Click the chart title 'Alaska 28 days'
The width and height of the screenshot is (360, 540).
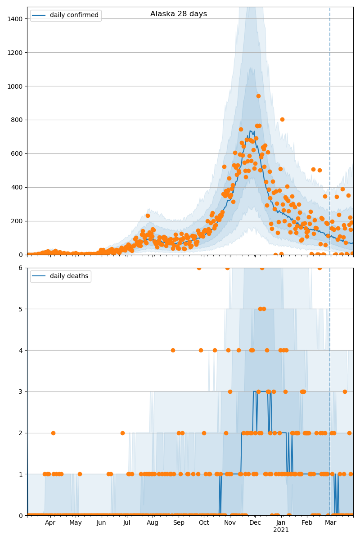coord(179,14)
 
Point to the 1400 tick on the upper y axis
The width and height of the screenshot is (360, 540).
coord(16,18)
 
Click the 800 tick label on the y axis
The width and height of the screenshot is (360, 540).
coord(18,120)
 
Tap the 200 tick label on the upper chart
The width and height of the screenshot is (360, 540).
coord(18,221)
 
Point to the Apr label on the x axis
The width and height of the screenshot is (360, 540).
coord(50,522)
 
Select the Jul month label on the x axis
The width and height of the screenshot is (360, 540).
coord(126,522)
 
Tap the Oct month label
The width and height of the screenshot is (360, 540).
coord(204,522)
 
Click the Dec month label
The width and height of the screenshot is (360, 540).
coord(255,522)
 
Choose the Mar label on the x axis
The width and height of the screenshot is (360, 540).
coord(331,522)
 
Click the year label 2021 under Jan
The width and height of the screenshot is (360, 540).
coord(281,530)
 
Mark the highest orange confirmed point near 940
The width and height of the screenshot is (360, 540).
coord(258,96)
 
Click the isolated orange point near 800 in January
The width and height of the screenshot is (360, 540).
coord(282,119)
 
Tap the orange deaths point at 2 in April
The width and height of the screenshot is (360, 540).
coord(53,433)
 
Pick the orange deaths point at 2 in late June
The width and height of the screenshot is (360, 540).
coord(122,433)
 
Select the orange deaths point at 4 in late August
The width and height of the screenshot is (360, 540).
coord(173,350)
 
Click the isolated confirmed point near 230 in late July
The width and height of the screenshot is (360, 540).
coord(148,216)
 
